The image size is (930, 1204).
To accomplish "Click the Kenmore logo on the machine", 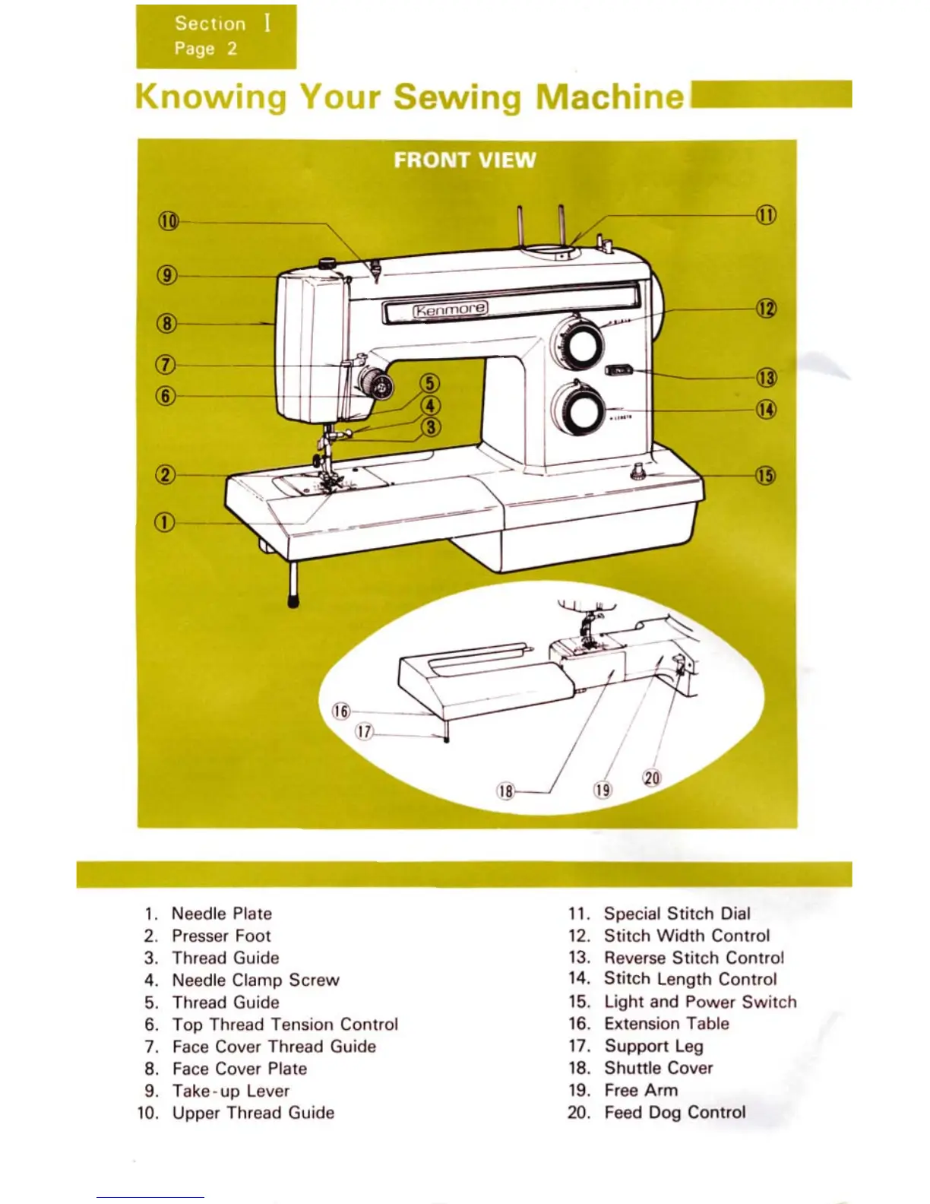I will point(451,309).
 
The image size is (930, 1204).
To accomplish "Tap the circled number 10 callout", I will point(168,221).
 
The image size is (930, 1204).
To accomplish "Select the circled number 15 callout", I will point(765,476).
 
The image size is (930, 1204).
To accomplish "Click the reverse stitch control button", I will point(619,370).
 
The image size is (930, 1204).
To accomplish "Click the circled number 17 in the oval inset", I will point(365,732).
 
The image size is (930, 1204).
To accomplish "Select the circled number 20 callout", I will point(652,778).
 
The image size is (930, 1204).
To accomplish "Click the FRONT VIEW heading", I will point(465,160).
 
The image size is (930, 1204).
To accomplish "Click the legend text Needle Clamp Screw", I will point(255,980).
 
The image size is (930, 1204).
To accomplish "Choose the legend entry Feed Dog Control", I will point(675,1112).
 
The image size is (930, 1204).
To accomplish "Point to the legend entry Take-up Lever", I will point(231,1091).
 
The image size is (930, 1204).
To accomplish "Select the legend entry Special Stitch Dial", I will point(677,913).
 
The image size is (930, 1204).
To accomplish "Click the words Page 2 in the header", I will point(206,49).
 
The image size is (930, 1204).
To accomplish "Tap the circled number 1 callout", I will point(165,523).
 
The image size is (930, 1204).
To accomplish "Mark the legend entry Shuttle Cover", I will point(659,1068).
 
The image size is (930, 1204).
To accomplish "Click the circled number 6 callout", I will point(166,396).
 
